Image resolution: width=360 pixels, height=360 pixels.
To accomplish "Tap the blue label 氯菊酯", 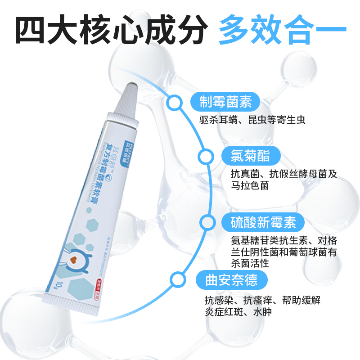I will point(252,156).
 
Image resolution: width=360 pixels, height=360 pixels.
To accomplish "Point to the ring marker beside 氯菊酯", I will point(206,157).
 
